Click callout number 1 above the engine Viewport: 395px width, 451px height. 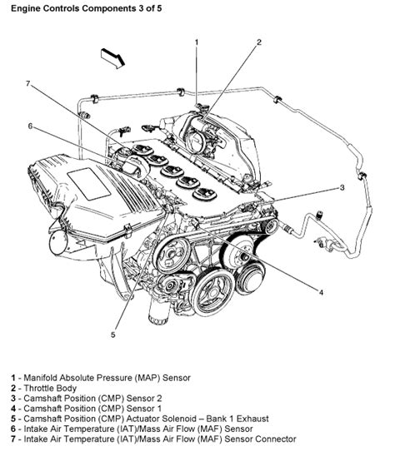tap(197, 41)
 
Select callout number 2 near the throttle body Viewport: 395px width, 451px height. tap(259, 41)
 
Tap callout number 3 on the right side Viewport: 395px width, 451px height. tap(342, 187)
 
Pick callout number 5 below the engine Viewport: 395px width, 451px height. tap(114, 335)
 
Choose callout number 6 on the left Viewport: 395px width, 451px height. tap(30, 126)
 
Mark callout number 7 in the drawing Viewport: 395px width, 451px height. tap(27, 83)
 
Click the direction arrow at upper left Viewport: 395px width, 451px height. tap(111, 57)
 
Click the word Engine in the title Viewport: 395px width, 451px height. tap(22, 7)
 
